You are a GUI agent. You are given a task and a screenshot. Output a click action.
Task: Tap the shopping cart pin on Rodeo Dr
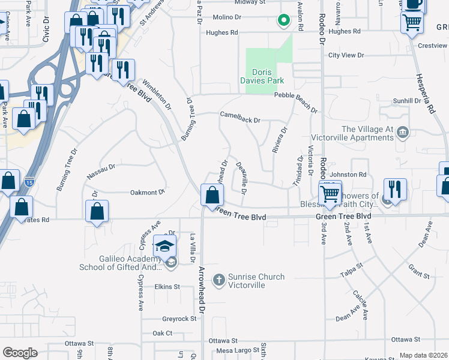pos(330,194)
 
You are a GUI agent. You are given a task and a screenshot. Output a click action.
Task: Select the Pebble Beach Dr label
pos(296,102)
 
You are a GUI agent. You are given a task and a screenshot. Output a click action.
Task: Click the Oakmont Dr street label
pos(147,193)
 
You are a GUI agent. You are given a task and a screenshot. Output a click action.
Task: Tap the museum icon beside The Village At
pos(403,131)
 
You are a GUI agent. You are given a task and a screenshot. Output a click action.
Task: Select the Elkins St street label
pos(167,287)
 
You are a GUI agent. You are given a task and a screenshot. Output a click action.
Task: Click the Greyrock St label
pos(179,319)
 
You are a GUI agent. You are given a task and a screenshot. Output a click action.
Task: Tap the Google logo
pos(20,352)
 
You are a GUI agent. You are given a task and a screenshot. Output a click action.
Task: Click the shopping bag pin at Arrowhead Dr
pos(212,196)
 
